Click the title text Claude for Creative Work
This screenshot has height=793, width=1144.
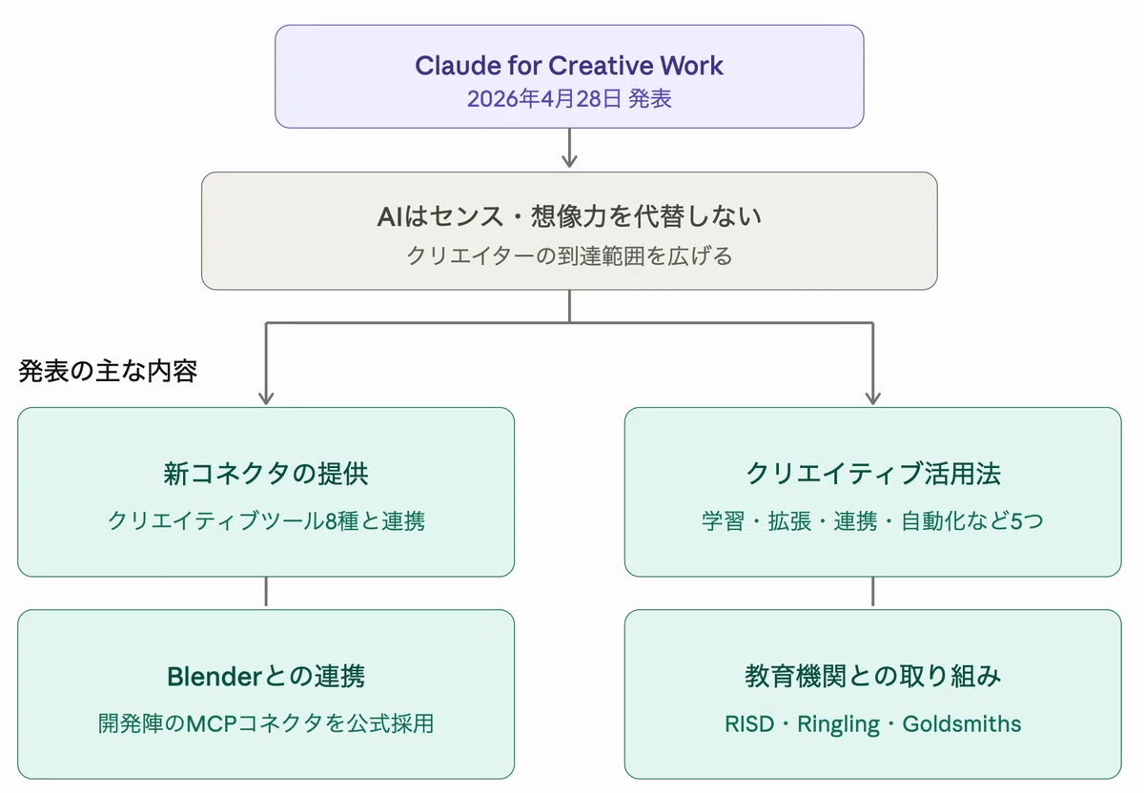569,66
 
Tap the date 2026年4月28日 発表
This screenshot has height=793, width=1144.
569,98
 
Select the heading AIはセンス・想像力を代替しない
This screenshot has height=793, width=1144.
569,216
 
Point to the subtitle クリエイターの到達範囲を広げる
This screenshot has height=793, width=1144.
569,255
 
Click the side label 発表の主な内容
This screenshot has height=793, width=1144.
108,371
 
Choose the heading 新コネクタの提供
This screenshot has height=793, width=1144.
266,474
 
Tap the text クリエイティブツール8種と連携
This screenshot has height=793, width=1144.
266,520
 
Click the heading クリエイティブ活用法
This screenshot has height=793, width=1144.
873,474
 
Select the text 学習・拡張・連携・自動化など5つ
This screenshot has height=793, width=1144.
873,520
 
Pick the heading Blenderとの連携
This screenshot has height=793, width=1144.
266,676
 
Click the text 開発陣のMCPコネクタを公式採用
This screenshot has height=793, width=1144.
266,723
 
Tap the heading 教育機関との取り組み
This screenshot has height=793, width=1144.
873,676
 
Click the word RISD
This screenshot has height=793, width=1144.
749,723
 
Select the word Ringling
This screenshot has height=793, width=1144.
838,724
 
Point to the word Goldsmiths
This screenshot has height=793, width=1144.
962,723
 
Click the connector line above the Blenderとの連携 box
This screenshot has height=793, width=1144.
266,591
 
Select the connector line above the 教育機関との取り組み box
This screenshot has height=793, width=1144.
873,591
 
